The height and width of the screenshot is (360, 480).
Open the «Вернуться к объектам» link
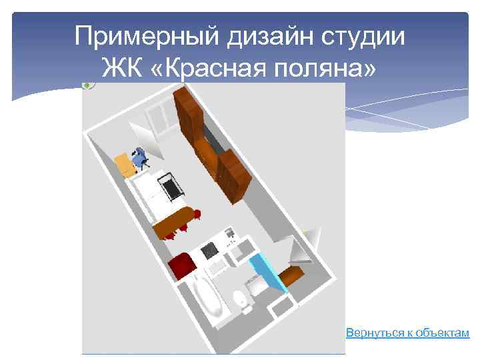point(407,332)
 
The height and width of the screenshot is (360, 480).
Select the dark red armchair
point(181,265)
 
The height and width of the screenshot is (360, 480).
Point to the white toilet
point(241,301)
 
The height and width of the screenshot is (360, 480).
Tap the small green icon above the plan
point(87,85)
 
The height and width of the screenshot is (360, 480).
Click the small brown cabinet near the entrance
point(291,273)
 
